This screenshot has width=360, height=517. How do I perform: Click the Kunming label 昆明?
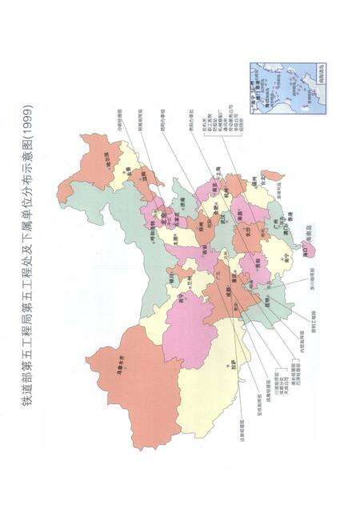click(263, 285)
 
